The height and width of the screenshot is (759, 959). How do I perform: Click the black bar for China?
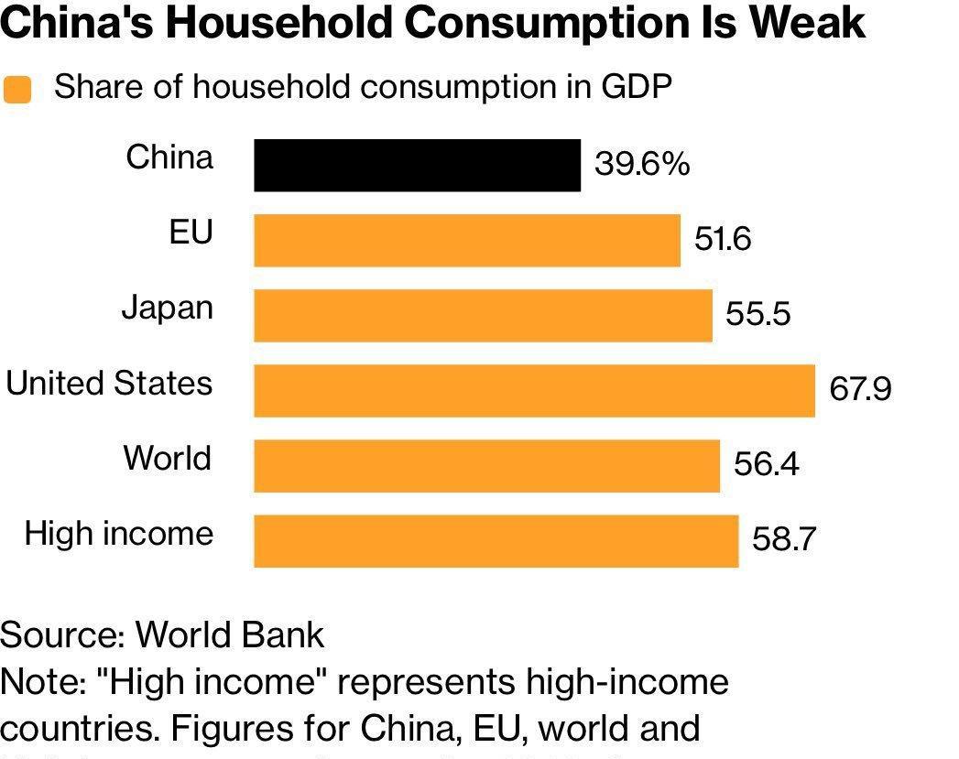(x=417, y=166)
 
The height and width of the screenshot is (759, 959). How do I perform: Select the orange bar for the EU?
(x=467, y=241)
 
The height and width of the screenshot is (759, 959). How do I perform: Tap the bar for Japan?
(x=483, y=316)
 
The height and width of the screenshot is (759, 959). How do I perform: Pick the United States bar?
(x=534, y=391)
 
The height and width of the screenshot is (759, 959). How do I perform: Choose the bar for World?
(x=486, y=466)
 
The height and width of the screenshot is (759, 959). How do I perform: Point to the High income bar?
(x=496, y=541)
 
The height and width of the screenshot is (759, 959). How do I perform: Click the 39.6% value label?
(x=641, y=165)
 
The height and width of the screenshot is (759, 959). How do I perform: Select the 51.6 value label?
(x=723, y=240)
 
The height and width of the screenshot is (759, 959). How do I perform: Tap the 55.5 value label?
(x=757, y=315)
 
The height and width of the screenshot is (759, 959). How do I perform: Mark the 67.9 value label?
(x=860, y=390)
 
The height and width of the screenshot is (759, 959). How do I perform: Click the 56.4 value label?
(x=766, y=465)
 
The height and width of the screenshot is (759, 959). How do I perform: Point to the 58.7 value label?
(x=783, y=539)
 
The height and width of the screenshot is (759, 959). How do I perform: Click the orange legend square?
(x=17, y=90)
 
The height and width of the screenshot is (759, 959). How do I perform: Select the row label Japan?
(x=167, y=309)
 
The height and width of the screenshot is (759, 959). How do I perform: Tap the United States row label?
(x=109, y=383)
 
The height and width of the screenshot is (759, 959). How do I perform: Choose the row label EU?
(x=191, y=233)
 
